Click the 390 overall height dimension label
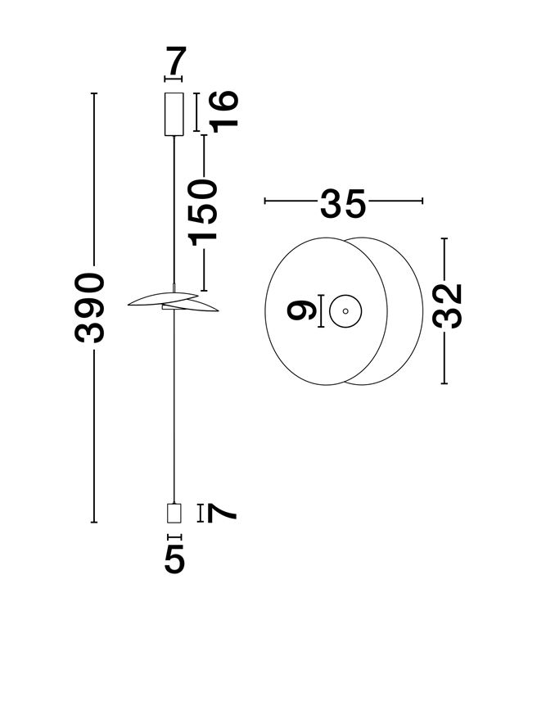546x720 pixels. [x=89, y=308]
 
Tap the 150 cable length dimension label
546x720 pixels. [x=202, y=213]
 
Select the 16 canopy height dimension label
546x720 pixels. [x=223, y=111]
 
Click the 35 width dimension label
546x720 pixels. [x=343, y=203]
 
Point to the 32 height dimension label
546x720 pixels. [x=447, y=306]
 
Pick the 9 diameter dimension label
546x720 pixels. [x=301, y=311]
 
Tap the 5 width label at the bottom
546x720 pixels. [x=174, y=559]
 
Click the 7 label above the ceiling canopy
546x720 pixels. [x=175, y=61]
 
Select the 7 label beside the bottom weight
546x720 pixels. [x=222, y=513]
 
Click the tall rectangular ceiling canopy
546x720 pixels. [x=174, y=114]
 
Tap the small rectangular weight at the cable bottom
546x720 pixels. [x=174, y=513]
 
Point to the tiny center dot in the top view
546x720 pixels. [x=345, y=311]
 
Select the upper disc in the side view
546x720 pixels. [x=163, y=298]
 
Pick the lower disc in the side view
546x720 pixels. [x=191, y=306]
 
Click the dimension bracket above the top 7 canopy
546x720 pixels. [x=173, y=79]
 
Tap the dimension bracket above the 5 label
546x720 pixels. [x=174, y=537]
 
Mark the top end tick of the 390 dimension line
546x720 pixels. [x=94, y=93]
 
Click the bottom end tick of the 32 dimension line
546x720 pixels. [x=444, y=383]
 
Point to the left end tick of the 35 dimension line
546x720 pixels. [x=265, y=201]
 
